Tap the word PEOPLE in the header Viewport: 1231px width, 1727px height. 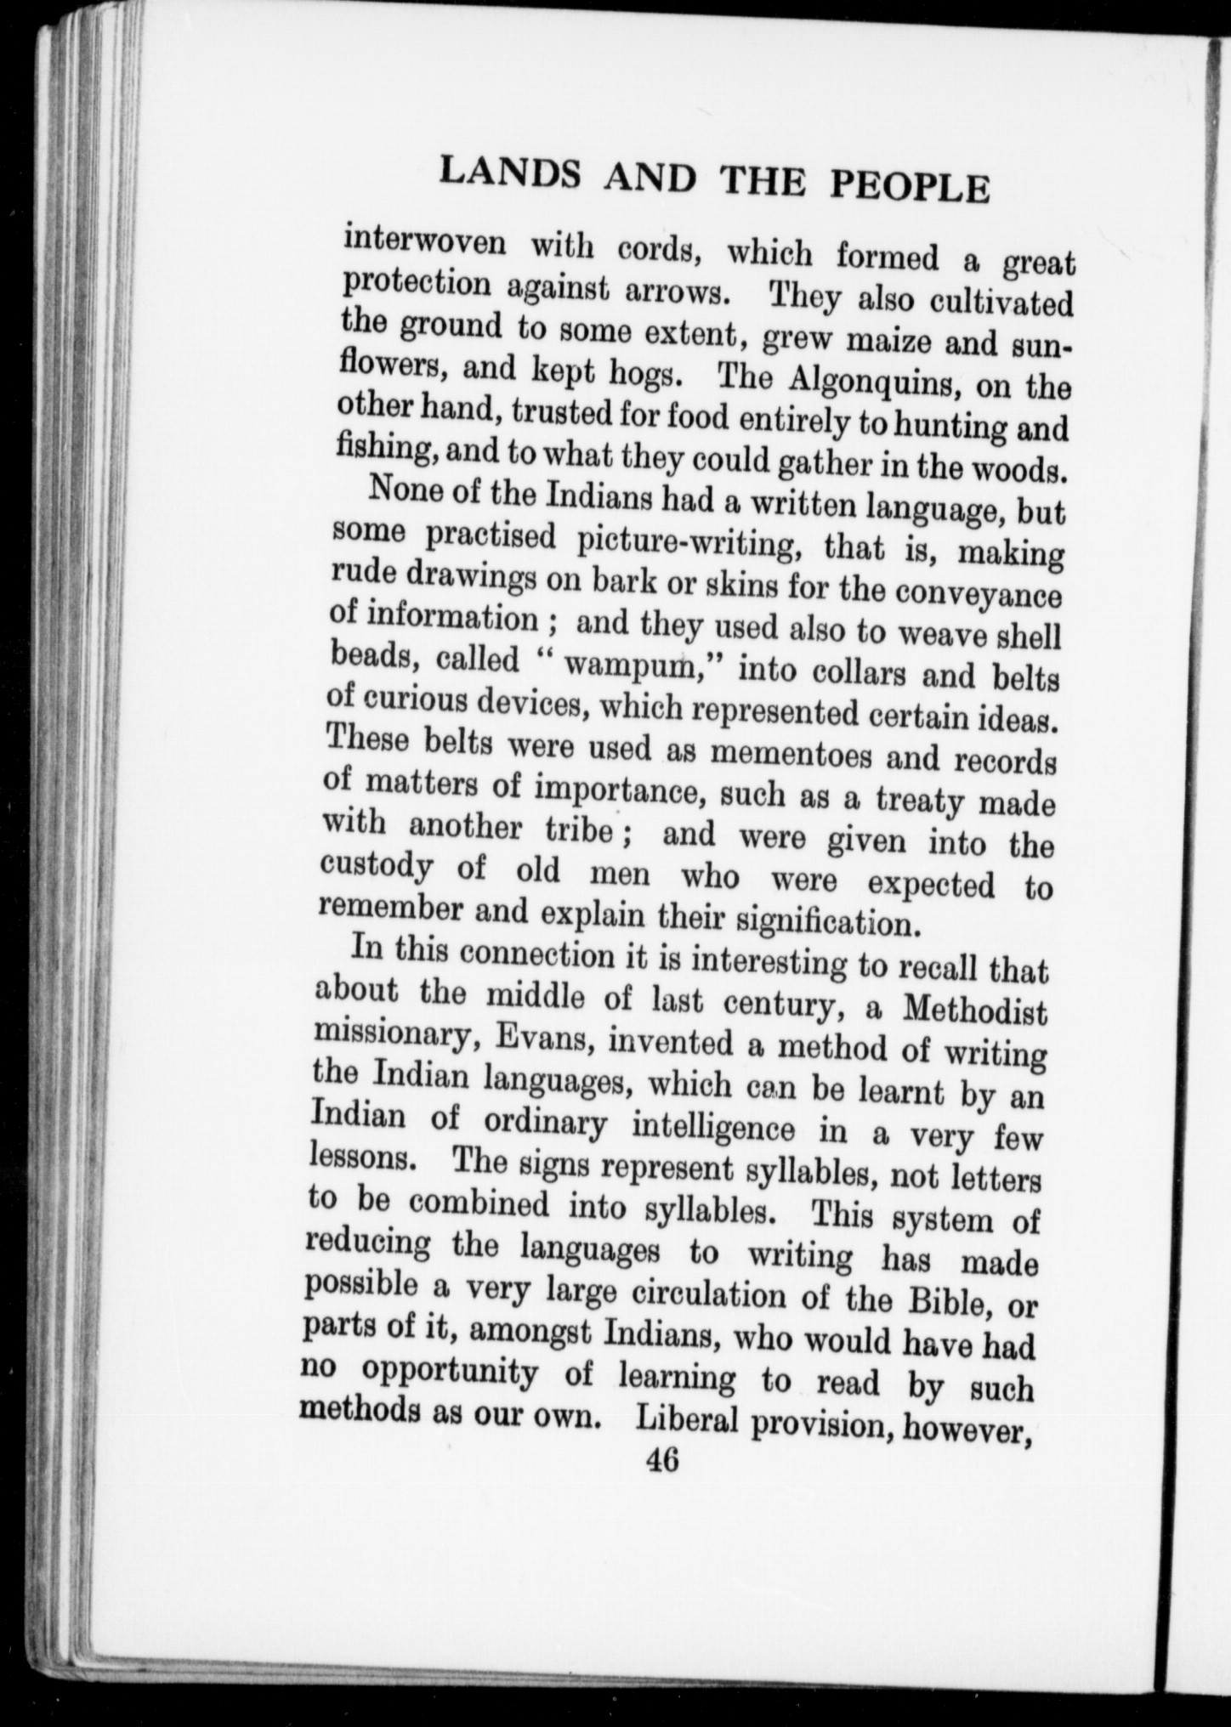(x=909, y=186)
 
